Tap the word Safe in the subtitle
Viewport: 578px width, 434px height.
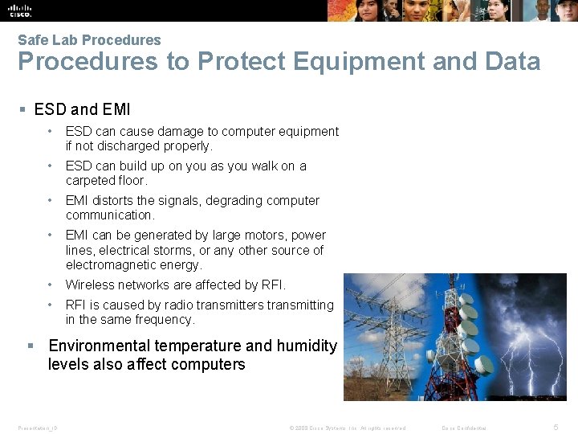32,40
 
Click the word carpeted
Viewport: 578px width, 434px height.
91,181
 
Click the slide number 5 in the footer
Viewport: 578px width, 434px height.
556,428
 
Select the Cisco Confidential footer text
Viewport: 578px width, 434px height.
464,428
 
